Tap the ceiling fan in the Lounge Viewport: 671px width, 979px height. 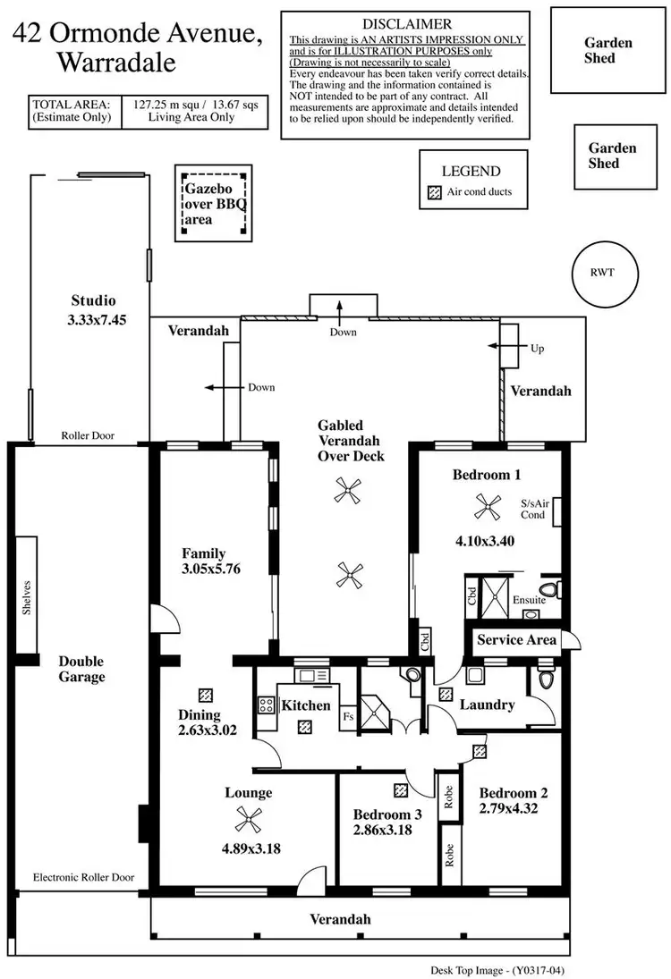[x=247, y=819]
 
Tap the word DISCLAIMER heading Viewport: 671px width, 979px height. [x=407, y=24]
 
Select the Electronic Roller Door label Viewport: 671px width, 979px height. [x=83, y=877]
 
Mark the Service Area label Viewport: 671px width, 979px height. [x=516, y=640]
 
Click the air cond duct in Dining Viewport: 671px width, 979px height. [x=206, y=695]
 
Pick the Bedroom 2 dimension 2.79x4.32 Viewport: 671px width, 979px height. [x=514, y=808]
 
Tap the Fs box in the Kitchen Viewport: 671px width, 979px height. [x=348, y=716]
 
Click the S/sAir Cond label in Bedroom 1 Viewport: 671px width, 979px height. [x=533, y=510]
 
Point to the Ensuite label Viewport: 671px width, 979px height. [x=530, y=600]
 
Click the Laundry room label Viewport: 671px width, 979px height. [x=487, y=705]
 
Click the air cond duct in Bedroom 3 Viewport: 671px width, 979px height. [x=400, y=790]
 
